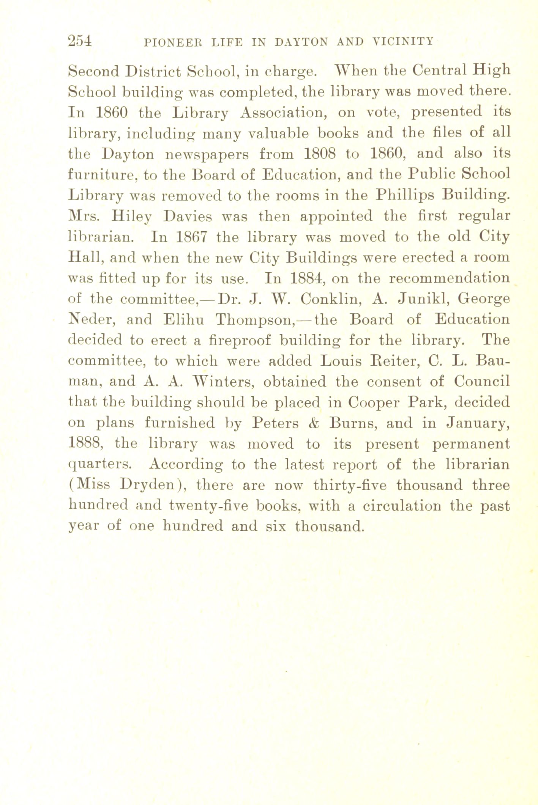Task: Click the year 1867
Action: click(x=192, y=237)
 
